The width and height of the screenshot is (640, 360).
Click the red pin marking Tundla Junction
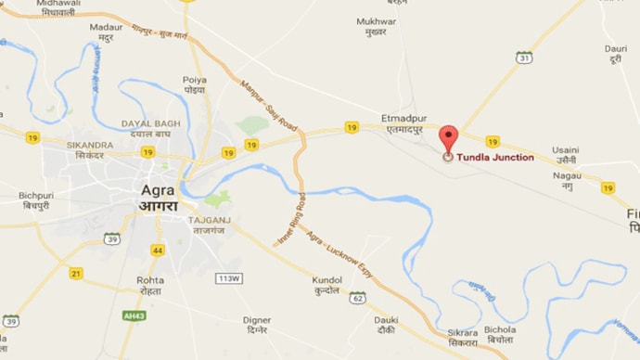tap(448, 139)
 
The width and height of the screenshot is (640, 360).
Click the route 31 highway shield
tap(524, 58)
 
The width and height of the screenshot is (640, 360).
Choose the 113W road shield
tap(227, 278)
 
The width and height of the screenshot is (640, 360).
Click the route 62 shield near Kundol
tap(358, 298)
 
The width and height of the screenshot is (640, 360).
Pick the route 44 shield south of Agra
tap(158, 251)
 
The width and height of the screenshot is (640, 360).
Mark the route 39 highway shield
tap(112, 239)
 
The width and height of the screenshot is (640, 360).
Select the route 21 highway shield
tap(76, 272)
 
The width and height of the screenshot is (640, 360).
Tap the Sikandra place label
tap(90, 146)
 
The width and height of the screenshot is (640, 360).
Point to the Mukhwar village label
tap(376, 20)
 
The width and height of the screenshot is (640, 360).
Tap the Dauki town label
tap(387, 320)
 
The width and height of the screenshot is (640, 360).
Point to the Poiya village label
tap(195, 80)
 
